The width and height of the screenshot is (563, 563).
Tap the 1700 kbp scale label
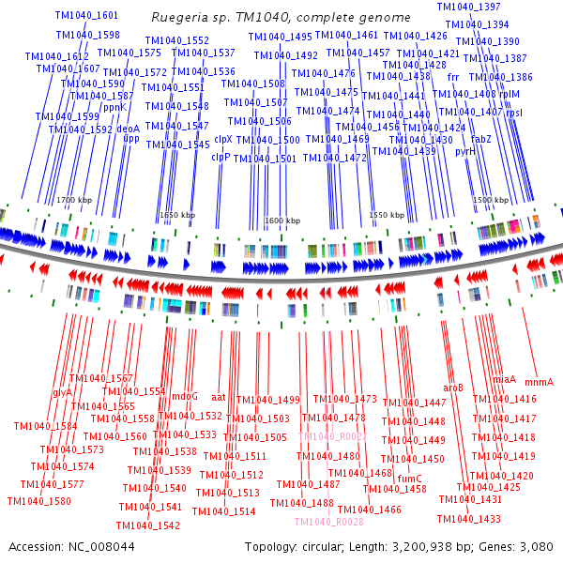73,201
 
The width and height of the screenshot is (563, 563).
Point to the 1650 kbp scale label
177,215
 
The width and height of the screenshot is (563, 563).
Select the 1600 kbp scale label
281,221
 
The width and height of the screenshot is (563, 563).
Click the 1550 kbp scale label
386,215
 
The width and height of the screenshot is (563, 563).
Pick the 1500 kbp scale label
489,201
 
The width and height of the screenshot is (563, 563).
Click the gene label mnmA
539,382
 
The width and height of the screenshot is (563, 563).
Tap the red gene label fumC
410,479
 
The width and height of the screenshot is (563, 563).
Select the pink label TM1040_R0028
328,522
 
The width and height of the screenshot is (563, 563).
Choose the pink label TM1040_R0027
332,436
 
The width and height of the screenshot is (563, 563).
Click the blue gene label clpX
223,139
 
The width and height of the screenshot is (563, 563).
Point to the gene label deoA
128,129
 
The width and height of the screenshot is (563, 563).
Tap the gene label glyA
63,392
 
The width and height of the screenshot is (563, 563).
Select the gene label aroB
453,388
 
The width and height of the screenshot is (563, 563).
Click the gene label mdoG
184,396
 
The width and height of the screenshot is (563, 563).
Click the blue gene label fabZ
480,138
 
